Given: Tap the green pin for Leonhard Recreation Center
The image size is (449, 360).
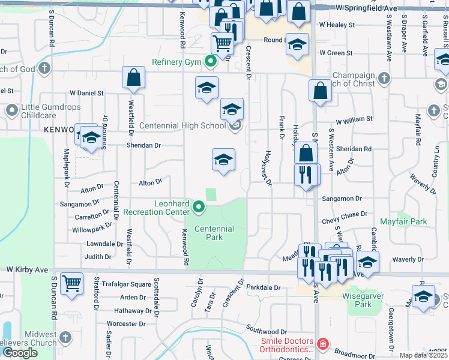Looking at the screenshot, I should coord(199,208).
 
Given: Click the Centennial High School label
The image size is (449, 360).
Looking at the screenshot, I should coord(182,126).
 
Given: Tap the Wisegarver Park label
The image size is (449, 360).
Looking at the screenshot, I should coord(365,300).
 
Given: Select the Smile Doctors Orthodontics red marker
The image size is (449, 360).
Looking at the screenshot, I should coord(323,344).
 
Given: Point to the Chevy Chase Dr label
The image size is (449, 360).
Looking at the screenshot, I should coord(345,214).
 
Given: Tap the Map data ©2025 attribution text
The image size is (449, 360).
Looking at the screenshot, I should coord(423,355).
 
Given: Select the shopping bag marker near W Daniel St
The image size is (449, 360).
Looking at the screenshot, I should coord(133,78).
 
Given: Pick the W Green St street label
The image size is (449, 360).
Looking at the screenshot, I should coord(336,53).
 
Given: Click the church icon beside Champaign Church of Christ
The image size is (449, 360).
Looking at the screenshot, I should coord(384,78).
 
